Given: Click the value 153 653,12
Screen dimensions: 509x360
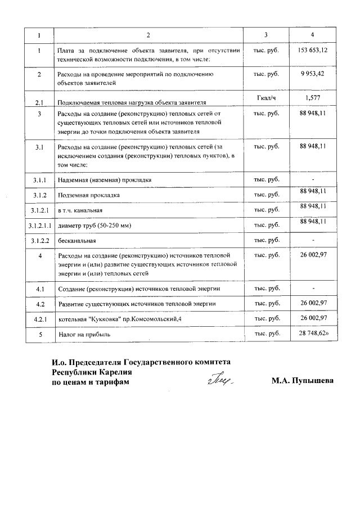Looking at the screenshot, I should click(313, 51).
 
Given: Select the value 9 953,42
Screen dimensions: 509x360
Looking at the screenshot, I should click(313, 74).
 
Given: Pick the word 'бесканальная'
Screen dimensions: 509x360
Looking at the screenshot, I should click(77, 240).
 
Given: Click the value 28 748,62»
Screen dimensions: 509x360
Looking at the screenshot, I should click(313, 334).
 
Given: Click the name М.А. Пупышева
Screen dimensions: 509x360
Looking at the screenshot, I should click(301, 381).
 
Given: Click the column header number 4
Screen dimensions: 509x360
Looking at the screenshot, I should click(313, 35).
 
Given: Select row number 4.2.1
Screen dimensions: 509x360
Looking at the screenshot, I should click(40, 319).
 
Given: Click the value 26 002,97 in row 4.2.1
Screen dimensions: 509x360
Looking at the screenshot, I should click(313, 318).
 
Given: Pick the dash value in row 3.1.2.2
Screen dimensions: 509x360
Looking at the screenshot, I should click(313, 240).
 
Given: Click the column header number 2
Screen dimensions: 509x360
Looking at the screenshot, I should click(148, 35).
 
